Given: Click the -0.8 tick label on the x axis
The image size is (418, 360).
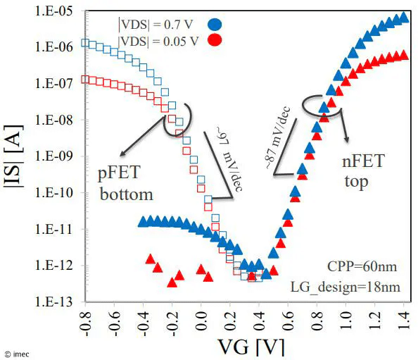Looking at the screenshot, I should [84, 322].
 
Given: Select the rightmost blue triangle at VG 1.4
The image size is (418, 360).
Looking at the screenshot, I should [403, 17].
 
